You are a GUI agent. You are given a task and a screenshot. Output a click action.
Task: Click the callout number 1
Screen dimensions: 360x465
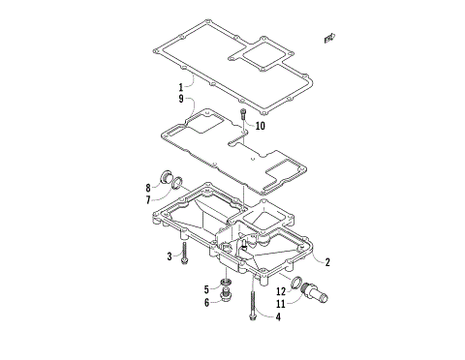180,87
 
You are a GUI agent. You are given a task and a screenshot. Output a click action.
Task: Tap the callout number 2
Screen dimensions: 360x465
327,261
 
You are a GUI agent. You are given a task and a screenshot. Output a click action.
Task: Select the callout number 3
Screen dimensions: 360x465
169,256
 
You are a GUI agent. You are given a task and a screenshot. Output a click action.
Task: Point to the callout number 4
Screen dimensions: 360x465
278,315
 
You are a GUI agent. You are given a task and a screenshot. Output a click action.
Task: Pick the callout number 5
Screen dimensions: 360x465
207,289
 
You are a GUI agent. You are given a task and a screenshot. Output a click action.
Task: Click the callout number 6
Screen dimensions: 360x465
207,302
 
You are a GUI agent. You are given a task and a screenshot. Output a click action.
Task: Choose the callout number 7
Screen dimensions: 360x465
148,199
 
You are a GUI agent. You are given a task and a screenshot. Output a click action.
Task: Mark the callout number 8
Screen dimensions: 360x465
148,187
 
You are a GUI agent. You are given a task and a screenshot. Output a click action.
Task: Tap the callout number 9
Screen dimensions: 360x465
180,99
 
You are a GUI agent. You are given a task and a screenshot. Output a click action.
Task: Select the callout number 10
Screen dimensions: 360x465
260,125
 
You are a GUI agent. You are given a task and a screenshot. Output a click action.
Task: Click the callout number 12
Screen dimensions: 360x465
281,289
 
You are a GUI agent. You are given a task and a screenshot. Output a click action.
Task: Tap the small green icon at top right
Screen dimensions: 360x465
330,38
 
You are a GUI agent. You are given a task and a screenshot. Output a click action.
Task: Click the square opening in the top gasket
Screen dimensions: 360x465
262,59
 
